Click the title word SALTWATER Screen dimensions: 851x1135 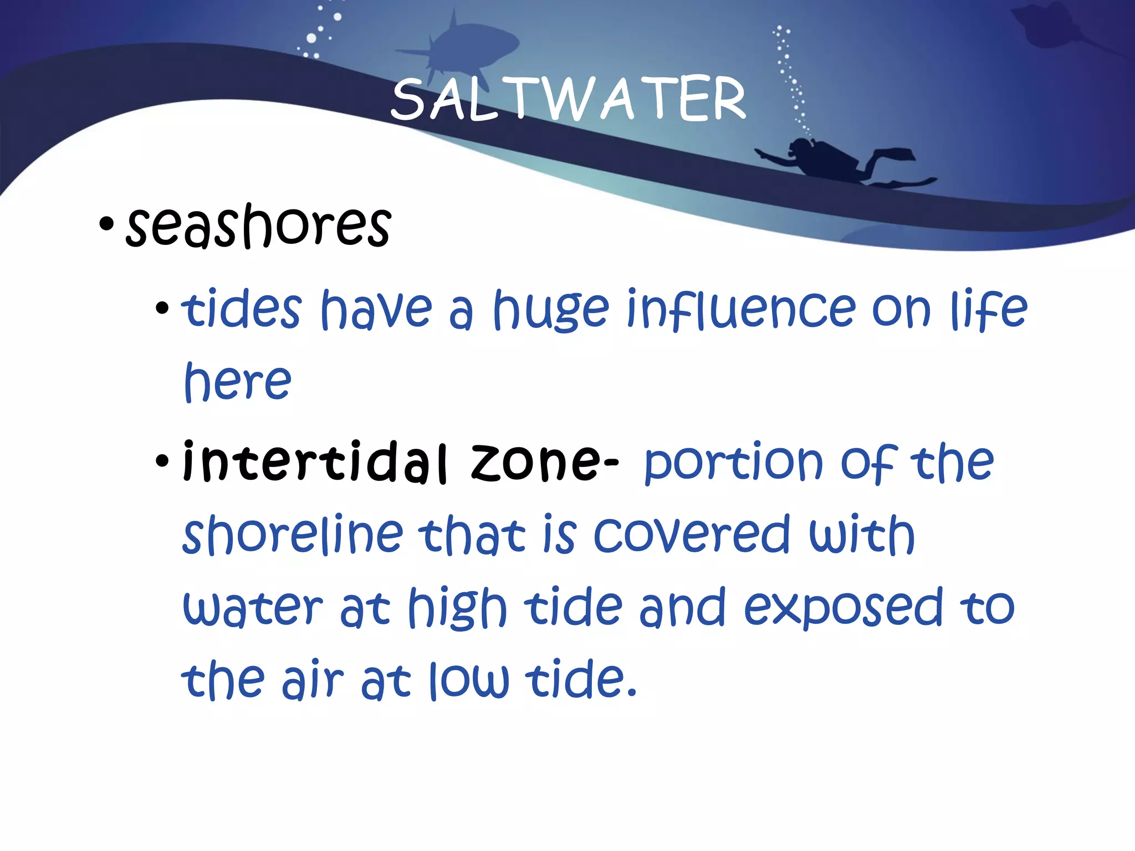pyautogui.click(x=568, y=100)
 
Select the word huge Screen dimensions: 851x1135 pyautogui.click(x=551, y=310)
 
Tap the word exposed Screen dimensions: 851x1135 pyautogui.click(x=842, y=608)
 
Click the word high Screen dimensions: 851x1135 pyautogui.click(x=457, y=608)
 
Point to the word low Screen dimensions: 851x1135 pyautogui.click(x=469, y=680)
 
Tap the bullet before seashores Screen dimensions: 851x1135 pyautogui.click(x=106, y=225)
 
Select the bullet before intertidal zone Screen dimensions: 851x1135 pyautogui.click(x=162, y=460)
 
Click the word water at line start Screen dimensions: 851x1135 pyautogui.click(x=252, y=608)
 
